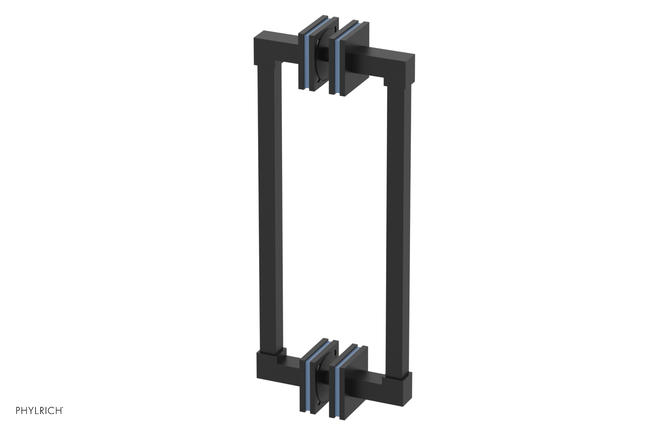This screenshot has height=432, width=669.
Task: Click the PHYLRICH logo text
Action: point(39,411)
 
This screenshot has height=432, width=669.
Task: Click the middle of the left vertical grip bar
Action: point(268,209)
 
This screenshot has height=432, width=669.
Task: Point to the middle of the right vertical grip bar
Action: point(397,226)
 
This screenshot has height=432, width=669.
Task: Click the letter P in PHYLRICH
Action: point(18,411)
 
